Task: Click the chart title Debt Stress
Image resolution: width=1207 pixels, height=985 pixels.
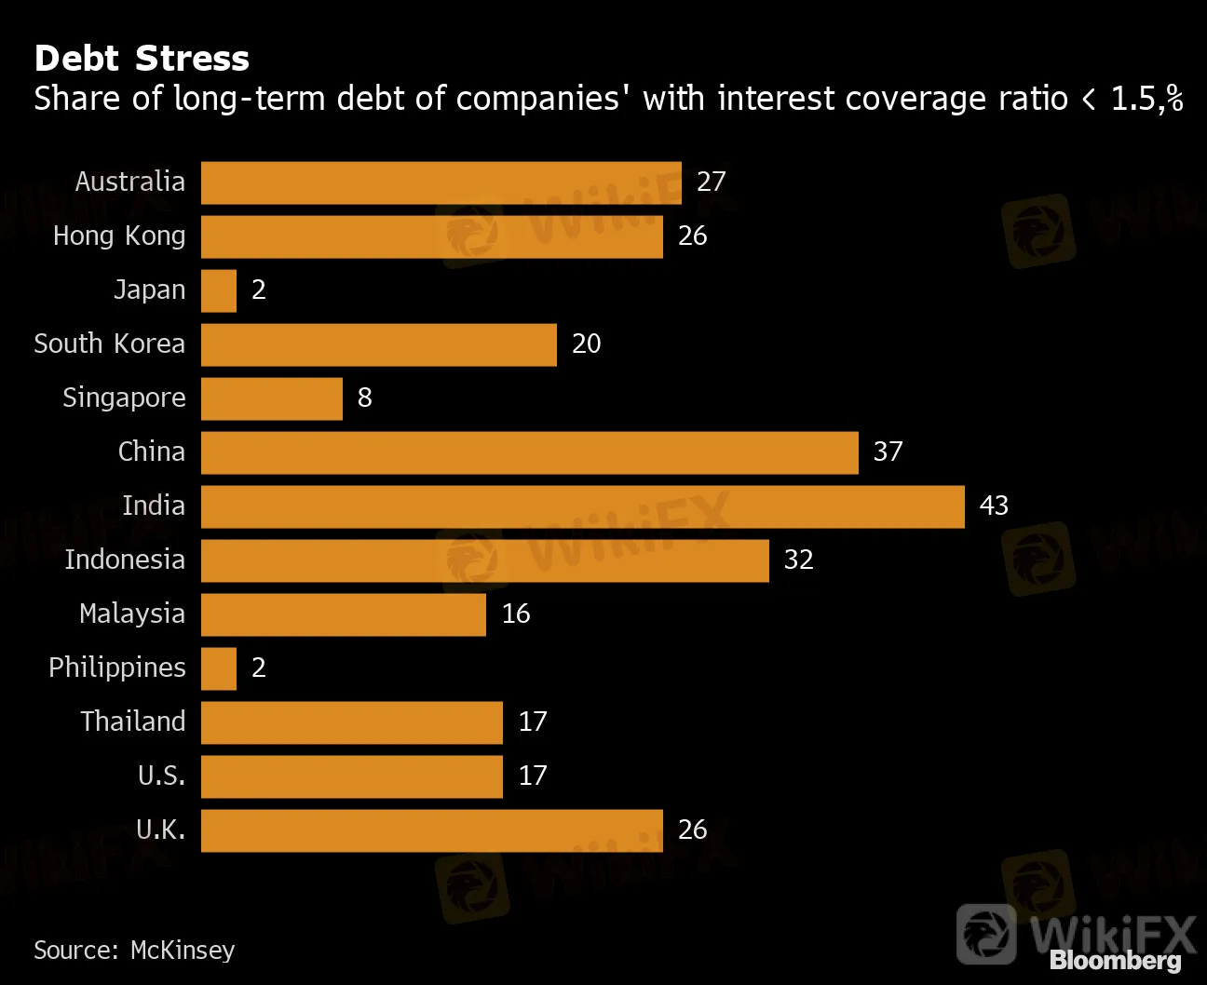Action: pyautogui.click(x=142, y=59)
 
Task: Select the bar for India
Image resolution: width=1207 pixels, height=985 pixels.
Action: pyautogui.click(x=582, y=506)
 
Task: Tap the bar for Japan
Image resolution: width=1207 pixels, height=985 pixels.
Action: pyautogui.click(x=219, y=290)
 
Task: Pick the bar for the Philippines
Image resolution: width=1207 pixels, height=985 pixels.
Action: pyautogui.click(x=219, y=668)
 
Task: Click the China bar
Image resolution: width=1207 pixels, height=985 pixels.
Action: pyautogui.click(x=529, y=452)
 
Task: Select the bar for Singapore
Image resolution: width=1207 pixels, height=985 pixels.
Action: pyautogui.click(x=272, y=398)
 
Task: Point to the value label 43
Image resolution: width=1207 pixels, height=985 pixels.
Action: pyautogui.click(x=994, y=506)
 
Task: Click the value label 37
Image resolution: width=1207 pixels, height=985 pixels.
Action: pyautogui.click(x=888, y=452)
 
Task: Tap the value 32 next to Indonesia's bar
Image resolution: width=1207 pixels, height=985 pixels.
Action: pyautogui.click(x=798, y=560)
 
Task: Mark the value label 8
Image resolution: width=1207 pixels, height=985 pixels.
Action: pyautogui.click(x=364, y=398)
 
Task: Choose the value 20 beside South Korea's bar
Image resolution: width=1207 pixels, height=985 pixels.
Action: pyautogui.click(x=586, y=344)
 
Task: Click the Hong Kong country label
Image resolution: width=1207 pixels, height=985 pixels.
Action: pyautogui.click(x=119, y=236)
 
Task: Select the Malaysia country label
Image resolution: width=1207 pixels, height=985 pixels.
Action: pyautogui.click(x=132, y=614)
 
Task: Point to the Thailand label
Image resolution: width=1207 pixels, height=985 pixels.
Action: pyautogui.click(x=133, y=722)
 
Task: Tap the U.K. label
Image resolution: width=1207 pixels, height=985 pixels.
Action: pyautogui.click(x=160, y=830)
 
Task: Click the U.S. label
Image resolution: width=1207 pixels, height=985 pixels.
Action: pyautogui.click(x=161, y=776)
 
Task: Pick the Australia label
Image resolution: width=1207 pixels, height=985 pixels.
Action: pyautogui.click(x=130, y=182)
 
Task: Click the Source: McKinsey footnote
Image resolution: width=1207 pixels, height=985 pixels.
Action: pyautogui.click(x=134, y=950)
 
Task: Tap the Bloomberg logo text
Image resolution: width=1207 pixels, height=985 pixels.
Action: pyautogui.click(x=1115, y=961)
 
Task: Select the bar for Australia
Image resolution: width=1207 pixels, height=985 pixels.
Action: pyautogui.click(x=441, y=182)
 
